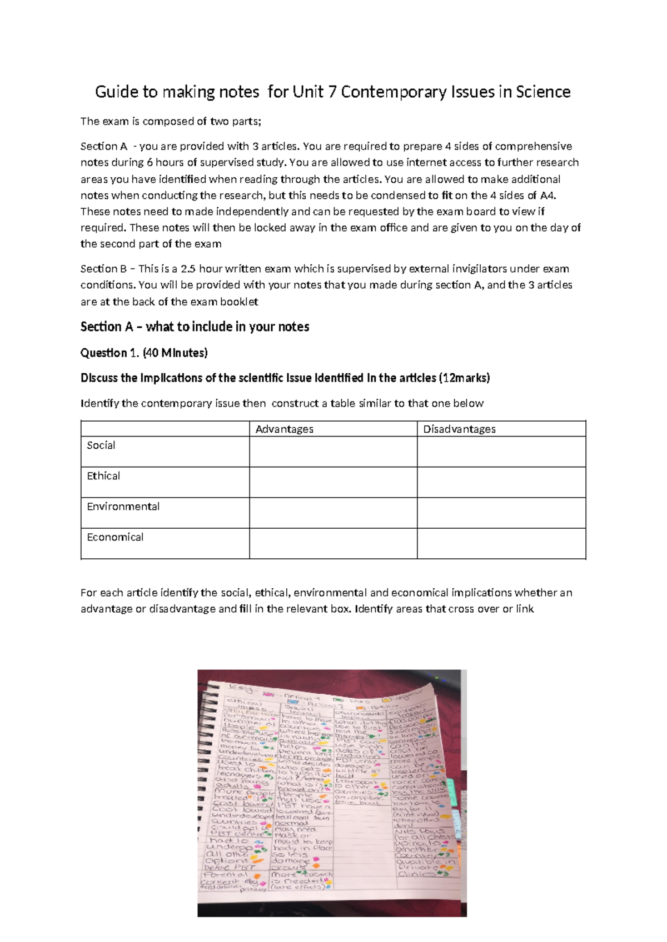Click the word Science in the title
542,92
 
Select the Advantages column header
284,429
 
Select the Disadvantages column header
459,429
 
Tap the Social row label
101,445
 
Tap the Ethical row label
103,475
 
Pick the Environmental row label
123,506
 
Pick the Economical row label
115,537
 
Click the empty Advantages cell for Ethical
333,482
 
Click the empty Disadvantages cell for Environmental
501,512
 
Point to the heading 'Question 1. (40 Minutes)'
144,353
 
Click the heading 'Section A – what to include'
195,327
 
